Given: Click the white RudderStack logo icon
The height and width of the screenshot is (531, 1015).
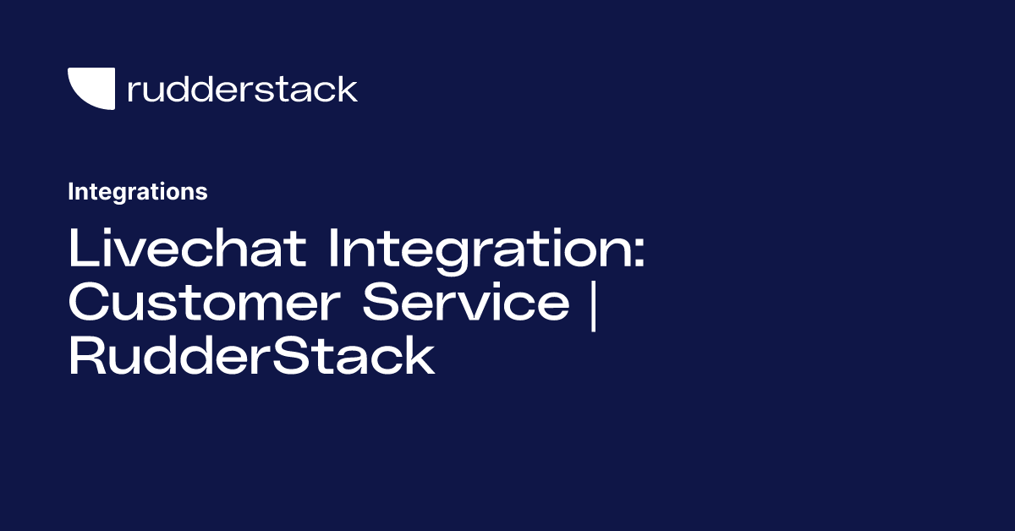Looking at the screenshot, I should pyautogui.click(x=91, y=88).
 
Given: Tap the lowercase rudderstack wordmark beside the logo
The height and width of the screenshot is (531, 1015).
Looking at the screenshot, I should pyautogui.click(x=242, y=89).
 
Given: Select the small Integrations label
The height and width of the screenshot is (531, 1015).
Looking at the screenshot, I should pyautogui.click(x=138, y=192).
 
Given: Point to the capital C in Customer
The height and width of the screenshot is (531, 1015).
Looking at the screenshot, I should pyautogui.click(x=87, y=303).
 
